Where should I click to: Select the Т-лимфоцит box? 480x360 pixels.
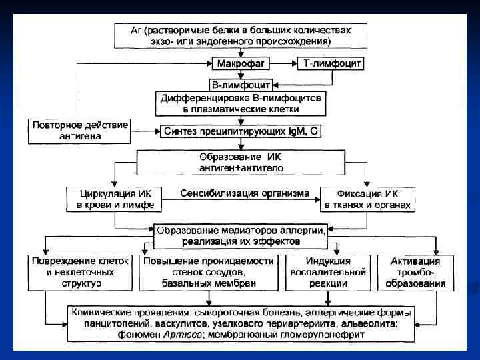333,64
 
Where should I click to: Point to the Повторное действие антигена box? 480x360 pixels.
79,131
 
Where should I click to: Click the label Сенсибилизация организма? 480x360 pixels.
245,194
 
